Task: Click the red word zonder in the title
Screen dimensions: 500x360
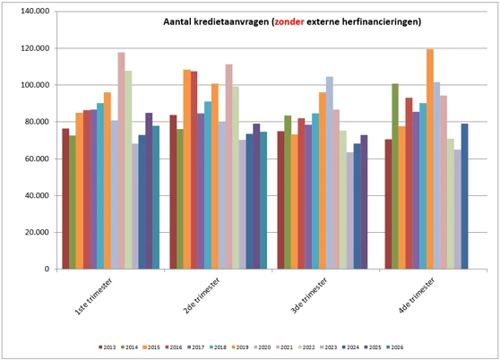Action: [x=289, y=21]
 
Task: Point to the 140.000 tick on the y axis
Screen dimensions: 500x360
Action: [x=35, y=11]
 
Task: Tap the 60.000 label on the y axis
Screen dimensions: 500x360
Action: [x=37, y=159]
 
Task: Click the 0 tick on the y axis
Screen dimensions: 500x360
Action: [x=47, y=269]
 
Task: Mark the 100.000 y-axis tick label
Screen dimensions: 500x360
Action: [x=35, y=85]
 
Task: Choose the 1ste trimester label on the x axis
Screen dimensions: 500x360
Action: [x=93, y=296]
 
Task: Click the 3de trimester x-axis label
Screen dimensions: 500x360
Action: [x=308, y=296]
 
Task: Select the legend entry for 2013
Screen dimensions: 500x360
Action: [x=108, y=347]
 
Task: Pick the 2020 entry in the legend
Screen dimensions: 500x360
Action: [x=263, y=347]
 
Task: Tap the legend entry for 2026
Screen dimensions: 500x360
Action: [x=395, y=347]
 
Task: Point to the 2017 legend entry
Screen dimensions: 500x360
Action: [x=196, y=347]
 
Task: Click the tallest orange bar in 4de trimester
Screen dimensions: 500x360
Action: [x=430, y=159]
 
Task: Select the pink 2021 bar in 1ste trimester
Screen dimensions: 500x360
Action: [x=121, y=160]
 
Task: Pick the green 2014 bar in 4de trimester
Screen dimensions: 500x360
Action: [x=395, y=176]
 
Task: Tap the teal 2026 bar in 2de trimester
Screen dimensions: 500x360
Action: [x=263, y=201]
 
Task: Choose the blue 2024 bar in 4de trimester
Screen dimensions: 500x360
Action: [x=464, y=196]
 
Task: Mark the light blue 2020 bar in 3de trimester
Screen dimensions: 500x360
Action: [x=330, y=173]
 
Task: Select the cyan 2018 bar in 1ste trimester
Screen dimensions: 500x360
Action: [x=100, y=186]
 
